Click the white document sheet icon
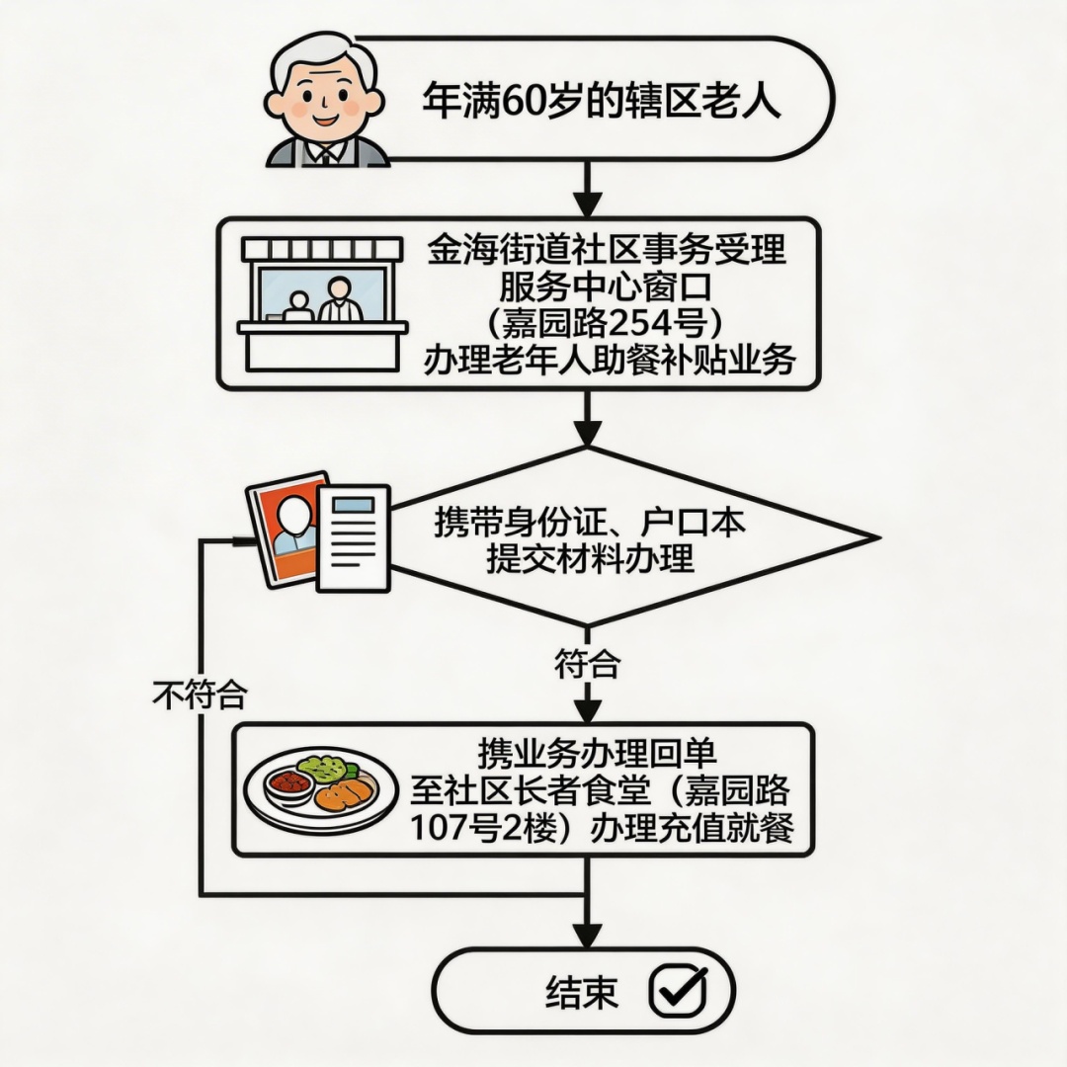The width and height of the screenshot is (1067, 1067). (353, 538)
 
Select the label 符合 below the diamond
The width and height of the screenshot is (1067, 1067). (588, 665)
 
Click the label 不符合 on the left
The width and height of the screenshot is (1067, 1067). (199, 696)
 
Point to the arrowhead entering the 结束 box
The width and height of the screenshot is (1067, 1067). (588, 935)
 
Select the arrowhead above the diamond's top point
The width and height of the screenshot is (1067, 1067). (588, 433)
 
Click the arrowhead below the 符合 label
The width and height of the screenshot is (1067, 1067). (588, 709)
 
